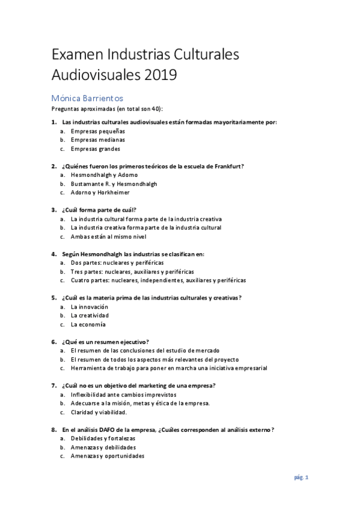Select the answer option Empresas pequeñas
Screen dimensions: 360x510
click(97, 131)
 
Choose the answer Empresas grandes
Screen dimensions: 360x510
click(95, 149)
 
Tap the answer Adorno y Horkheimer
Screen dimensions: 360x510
click(100, 192)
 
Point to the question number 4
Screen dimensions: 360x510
click(53, 254)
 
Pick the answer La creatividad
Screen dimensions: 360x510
click(90, 315)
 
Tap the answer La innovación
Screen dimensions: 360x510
click(90, 306)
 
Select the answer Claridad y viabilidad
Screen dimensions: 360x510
click(99, 412)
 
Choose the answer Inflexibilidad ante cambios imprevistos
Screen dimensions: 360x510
click(118, 395)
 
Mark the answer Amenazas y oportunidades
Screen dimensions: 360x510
click(108, 456)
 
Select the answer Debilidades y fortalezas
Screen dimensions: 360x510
click(103, 438)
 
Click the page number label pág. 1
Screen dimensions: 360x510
click(301, 478)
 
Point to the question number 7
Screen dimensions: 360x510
click(53, 386)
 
